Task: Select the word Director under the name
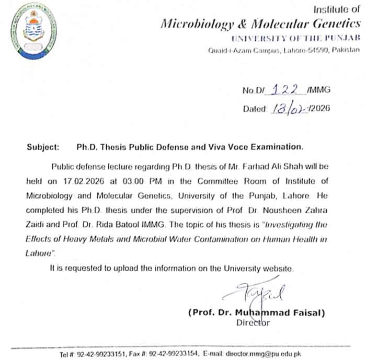[x=253, y=323]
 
